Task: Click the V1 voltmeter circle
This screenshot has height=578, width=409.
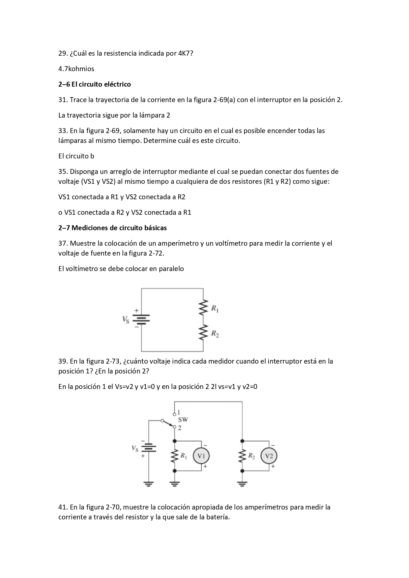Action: tap(201, 456)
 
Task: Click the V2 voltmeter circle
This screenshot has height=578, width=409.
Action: tap(269, 456)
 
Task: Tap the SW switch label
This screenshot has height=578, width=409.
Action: tap(183, 420)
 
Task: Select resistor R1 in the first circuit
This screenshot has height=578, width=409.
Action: tap(203, 307)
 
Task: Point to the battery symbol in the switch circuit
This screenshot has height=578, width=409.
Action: tap(149, 448)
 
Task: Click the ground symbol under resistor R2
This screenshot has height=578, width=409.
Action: tap(242, 484)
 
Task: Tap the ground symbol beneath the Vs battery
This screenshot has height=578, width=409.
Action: tap(149, 484)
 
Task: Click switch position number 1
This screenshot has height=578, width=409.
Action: tap(179, 412)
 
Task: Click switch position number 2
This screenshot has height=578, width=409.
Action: tap(180, 428)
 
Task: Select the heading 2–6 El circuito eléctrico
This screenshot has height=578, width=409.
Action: tap(95, 84)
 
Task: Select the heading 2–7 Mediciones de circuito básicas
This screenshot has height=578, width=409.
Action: tap(112, 228)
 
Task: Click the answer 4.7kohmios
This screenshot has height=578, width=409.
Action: tap(76, 69)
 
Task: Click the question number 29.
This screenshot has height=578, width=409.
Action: tap(63, 53)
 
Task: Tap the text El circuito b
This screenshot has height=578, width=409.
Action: tap(76, 156)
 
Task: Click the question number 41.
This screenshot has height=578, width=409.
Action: tap(63, 507)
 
